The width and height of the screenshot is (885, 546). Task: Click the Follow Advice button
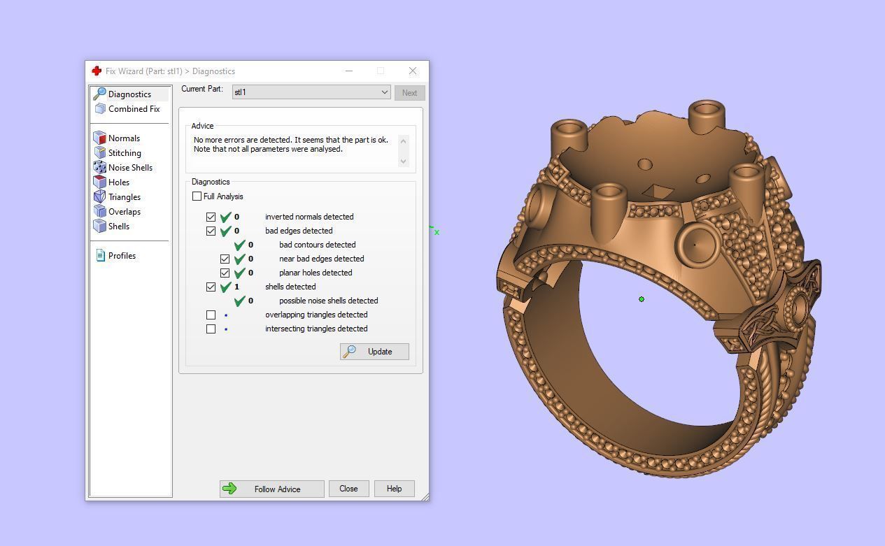pyautogui.click(x=271, y=489)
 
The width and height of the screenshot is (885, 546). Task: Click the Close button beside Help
pyautogui.click(x=348, y=489)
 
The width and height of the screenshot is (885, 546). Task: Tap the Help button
pyautogui.click(x=394, y=489)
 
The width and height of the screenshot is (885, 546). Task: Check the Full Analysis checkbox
pyautogui.click(x=197, y=196)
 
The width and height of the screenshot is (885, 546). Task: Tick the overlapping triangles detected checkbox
pyautogui.click(x=211, y=315)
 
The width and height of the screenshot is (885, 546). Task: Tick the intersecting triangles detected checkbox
pyautogui.click(x=211, y=329)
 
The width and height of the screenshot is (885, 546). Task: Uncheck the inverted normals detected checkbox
pyautogui.click(x=211, y=217)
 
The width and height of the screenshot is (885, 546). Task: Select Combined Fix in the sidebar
pyautogui.click(x=133, y=109)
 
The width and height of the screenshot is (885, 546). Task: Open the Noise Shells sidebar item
pyautogui.click(x=129, y=168)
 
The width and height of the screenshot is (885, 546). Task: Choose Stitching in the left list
pyautogui.click(x=124, y=153)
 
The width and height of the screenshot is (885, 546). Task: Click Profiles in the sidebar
pyautogui.click(x=122, y=256)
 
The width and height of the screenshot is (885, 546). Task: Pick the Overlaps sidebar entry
pyautogui.click(x=124, y=212)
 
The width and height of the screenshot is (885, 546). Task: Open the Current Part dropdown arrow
pyautogui.click(x=384, y=92)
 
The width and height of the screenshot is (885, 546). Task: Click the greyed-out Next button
pyautogui.click(x=409, y=92)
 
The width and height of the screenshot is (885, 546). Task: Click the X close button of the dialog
pyautogui.click(x=413, y=71)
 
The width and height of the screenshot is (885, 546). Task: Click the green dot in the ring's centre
pyautogui.click(x=642, y=299)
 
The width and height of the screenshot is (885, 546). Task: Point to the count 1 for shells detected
pyautogui.click(x=236, y=287)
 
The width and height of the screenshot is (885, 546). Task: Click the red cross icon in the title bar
pyautogui.click(x=97, y=71)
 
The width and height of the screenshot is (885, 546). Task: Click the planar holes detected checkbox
pyautogui.click(x=225, y=273)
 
